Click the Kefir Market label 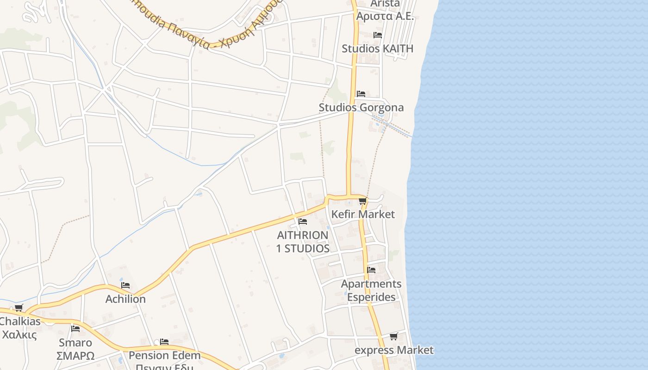point(363,214)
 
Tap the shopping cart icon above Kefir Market point(362,201)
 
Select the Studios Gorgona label point(361,108)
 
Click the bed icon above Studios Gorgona point(361,94)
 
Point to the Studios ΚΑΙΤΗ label point(377,49)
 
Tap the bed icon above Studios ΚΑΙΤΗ point(377,35)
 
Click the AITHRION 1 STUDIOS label point(303,241)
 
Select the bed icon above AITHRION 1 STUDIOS point(303,222)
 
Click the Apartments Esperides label point(371,290)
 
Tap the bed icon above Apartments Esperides point(371,270)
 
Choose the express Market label point(394,350)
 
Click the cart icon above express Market point(393,337)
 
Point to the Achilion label point(125,299)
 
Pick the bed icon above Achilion point(125,285)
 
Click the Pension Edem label point(164,356)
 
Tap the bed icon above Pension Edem point(164,342)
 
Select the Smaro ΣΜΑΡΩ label point(75,349)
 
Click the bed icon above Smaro point(75,329)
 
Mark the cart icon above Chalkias point(19,308)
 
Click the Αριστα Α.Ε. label point(384,16)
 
